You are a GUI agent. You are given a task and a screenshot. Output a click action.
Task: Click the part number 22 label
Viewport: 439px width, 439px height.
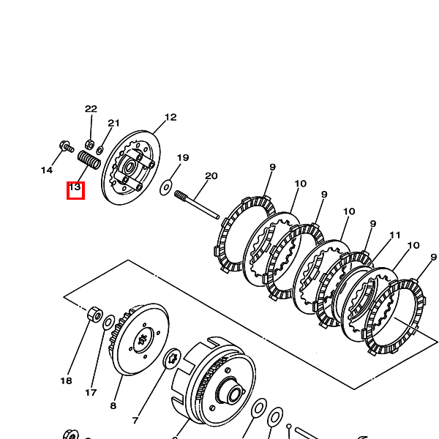point(91,108)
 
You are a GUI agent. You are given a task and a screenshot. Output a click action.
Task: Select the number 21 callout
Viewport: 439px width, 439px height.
point(113,123)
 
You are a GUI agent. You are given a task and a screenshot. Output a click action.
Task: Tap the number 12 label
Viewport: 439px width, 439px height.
point(170,117)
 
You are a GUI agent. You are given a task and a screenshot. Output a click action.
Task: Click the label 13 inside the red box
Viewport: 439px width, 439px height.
point(75,187)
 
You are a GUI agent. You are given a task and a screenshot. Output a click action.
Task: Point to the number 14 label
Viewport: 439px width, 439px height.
point(47,170)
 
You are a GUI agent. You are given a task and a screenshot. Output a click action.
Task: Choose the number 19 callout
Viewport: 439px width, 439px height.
point(183,157)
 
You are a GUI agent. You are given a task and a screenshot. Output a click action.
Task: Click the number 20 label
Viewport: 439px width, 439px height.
point(211,176)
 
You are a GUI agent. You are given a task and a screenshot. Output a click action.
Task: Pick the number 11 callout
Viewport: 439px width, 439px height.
point(395,235)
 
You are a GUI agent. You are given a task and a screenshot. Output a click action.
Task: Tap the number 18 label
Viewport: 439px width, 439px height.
point(66,380)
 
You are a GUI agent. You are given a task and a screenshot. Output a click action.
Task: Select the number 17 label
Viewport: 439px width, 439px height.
point(91,392)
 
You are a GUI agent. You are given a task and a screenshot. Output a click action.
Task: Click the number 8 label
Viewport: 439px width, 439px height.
point(113,405)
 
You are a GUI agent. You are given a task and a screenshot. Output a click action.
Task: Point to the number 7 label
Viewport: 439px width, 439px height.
point(135,420)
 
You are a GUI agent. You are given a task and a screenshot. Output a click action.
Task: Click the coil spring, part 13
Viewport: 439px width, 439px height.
point(89,160)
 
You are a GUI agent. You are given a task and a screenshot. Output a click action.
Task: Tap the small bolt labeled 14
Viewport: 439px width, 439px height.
point(67,146)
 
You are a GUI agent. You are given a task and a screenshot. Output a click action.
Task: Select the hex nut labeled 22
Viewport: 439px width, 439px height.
point(89,144)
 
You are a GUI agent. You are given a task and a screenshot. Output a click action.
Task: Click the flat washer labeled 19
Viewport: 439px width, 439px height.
point(166,187)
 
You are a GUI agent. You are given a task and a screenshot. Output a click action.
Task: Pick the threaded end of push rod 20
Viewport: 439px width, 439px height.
point(180,195)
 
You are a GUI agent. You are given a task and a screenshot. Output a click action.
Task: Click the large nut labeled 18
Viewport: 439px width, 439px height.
point(95,315)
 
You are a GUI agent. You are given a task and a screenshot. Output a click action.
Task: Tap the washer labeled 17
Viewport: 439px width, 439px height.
point(108,323)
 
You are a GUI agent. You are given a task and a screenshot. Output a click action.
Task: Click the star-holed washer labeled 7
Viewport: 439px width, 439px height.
point(172,359)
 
